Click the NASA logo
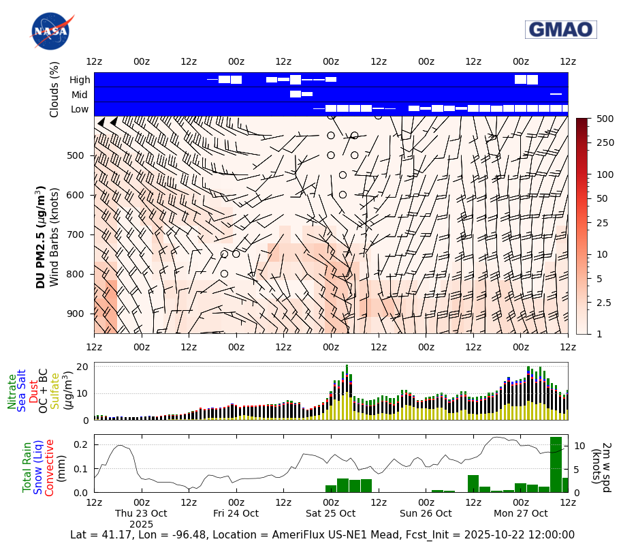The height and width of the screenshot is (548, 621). click(x=50, y=31)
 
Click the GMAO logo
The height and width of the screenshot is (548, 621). click(x=560, y=29)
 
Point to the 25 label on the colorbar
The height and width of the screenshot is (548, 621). click(x=602, y=223)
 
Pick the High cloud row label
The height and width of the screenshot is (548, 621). click(x=80, y=80)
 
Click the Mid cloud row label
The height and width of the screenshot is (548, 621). click(x=80, y=95)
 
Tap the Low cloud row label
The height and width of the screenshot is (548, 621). click(x=80, y=109)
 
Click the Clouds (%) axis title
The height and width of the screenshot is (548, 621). click(x=54, y=89)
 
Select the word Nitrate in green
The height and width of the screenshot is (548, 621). click(x=12, y=391)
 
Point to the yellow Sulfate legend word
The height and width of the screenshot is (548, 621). click(x=54, y=391)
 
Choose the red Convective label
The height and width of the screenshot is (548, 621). click(x=49, y=467)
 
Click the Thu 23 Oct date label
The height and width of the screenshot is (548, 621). click(x=141, y=513)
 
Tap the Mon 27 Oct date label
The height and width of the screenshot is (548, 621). click(x=521, y=513)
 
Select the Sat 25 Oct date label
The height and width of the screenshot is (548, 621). click(x=331, y=513)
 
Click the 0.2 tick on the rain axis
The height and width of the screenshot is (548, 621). click(x=81, y=445)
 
